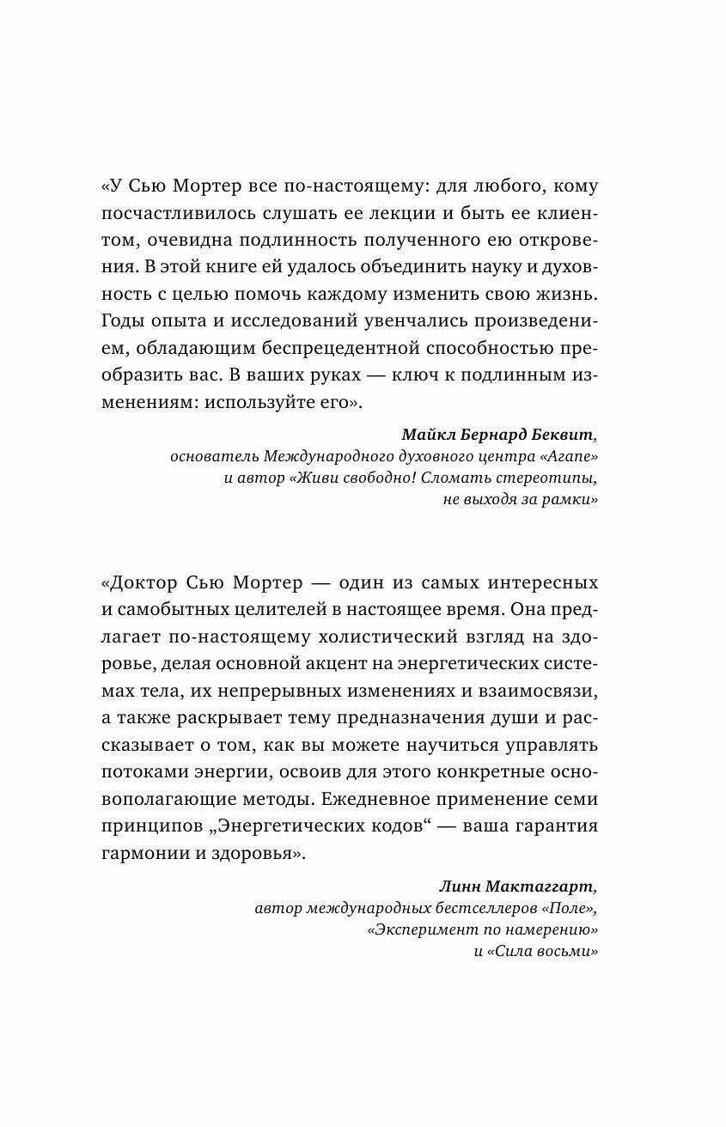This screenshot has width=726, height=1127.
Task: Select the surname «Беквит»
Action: [x=562, y=433]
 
